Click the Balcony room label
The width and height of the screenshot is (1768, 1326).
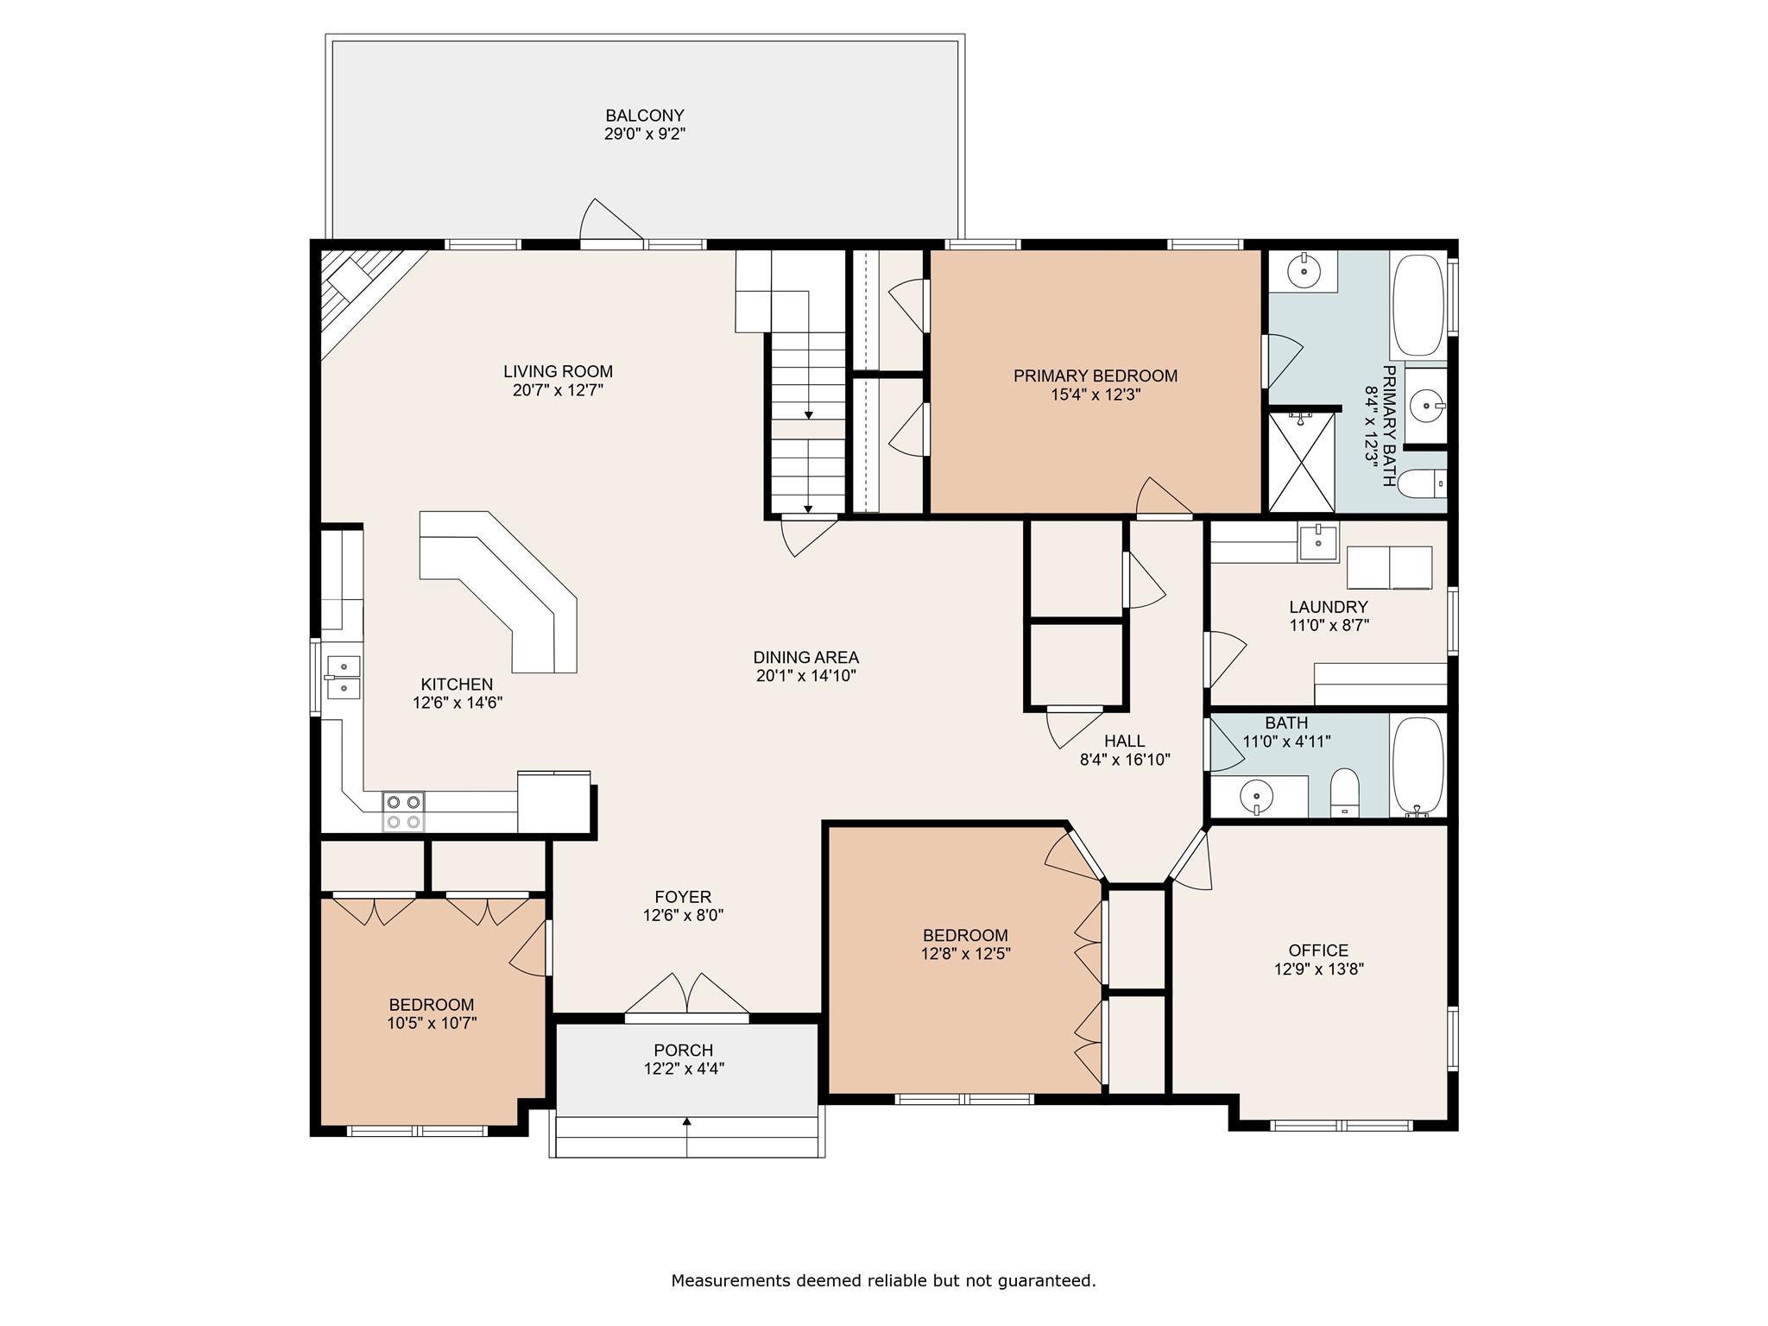645,116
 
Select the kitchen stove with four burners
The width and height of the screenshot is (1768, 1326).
403,811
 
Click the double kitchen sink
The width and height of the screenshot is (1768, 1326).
344,677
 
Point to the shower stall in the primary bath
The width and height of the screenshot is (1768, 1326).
1301,463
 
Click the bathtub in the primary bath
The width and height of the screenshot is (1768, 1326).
1418,306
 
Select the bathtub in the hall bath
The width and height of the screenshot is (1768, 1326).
1418,766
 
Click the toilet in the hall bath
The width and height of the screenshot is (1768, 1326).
1345,793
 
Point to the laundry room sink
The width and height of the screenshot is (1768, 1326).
1318,542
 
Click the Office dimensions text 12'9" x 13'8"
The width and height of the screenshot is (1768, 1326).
1318,969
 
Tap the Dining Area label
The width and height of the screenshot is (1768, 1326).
806,657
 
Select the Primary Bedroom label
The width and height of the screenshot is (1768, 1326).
1096,376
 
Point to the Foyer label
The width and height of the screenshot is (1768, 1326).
683,897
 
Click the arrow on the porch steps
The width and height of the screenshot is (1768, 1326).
687,1137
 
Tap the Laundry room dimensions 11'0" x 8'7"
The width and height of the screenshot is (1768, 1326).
1329,625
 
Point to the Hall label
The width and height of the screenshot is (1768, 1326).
1125,741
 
